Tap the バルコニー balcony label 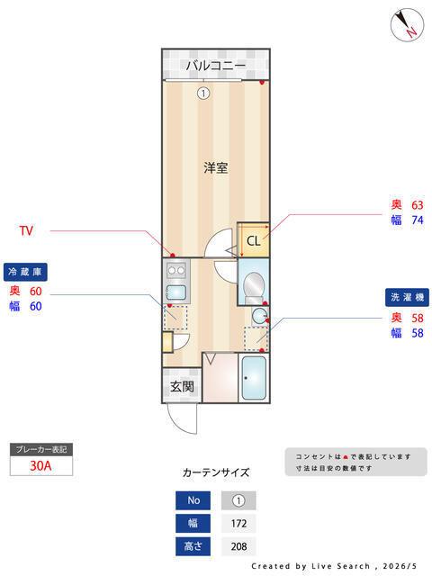(216, 66)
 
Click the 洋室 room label (216, 168)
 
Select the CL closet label (254, 241)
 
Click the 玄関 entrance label (182, 386)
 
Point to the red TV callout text (26, 230)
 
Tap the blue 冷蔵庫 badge (25, 272)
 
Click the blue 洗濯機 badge (407, 297)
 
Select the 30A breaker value (40, 465)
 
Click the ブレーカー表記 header (41, 450)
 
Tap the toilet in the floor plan (254, 288)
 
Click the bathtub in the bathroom (254, 378)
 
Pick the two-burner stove (176, 271)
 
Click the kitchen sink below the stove (176, 292)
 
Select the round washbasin (260, 315)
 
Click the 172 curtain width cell (238, 523)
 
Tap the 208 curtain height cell (238, 546)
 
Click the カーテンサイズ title (216, 472)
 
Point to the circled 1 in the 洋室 (203, 94)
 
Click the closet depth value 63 (418, 204)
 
